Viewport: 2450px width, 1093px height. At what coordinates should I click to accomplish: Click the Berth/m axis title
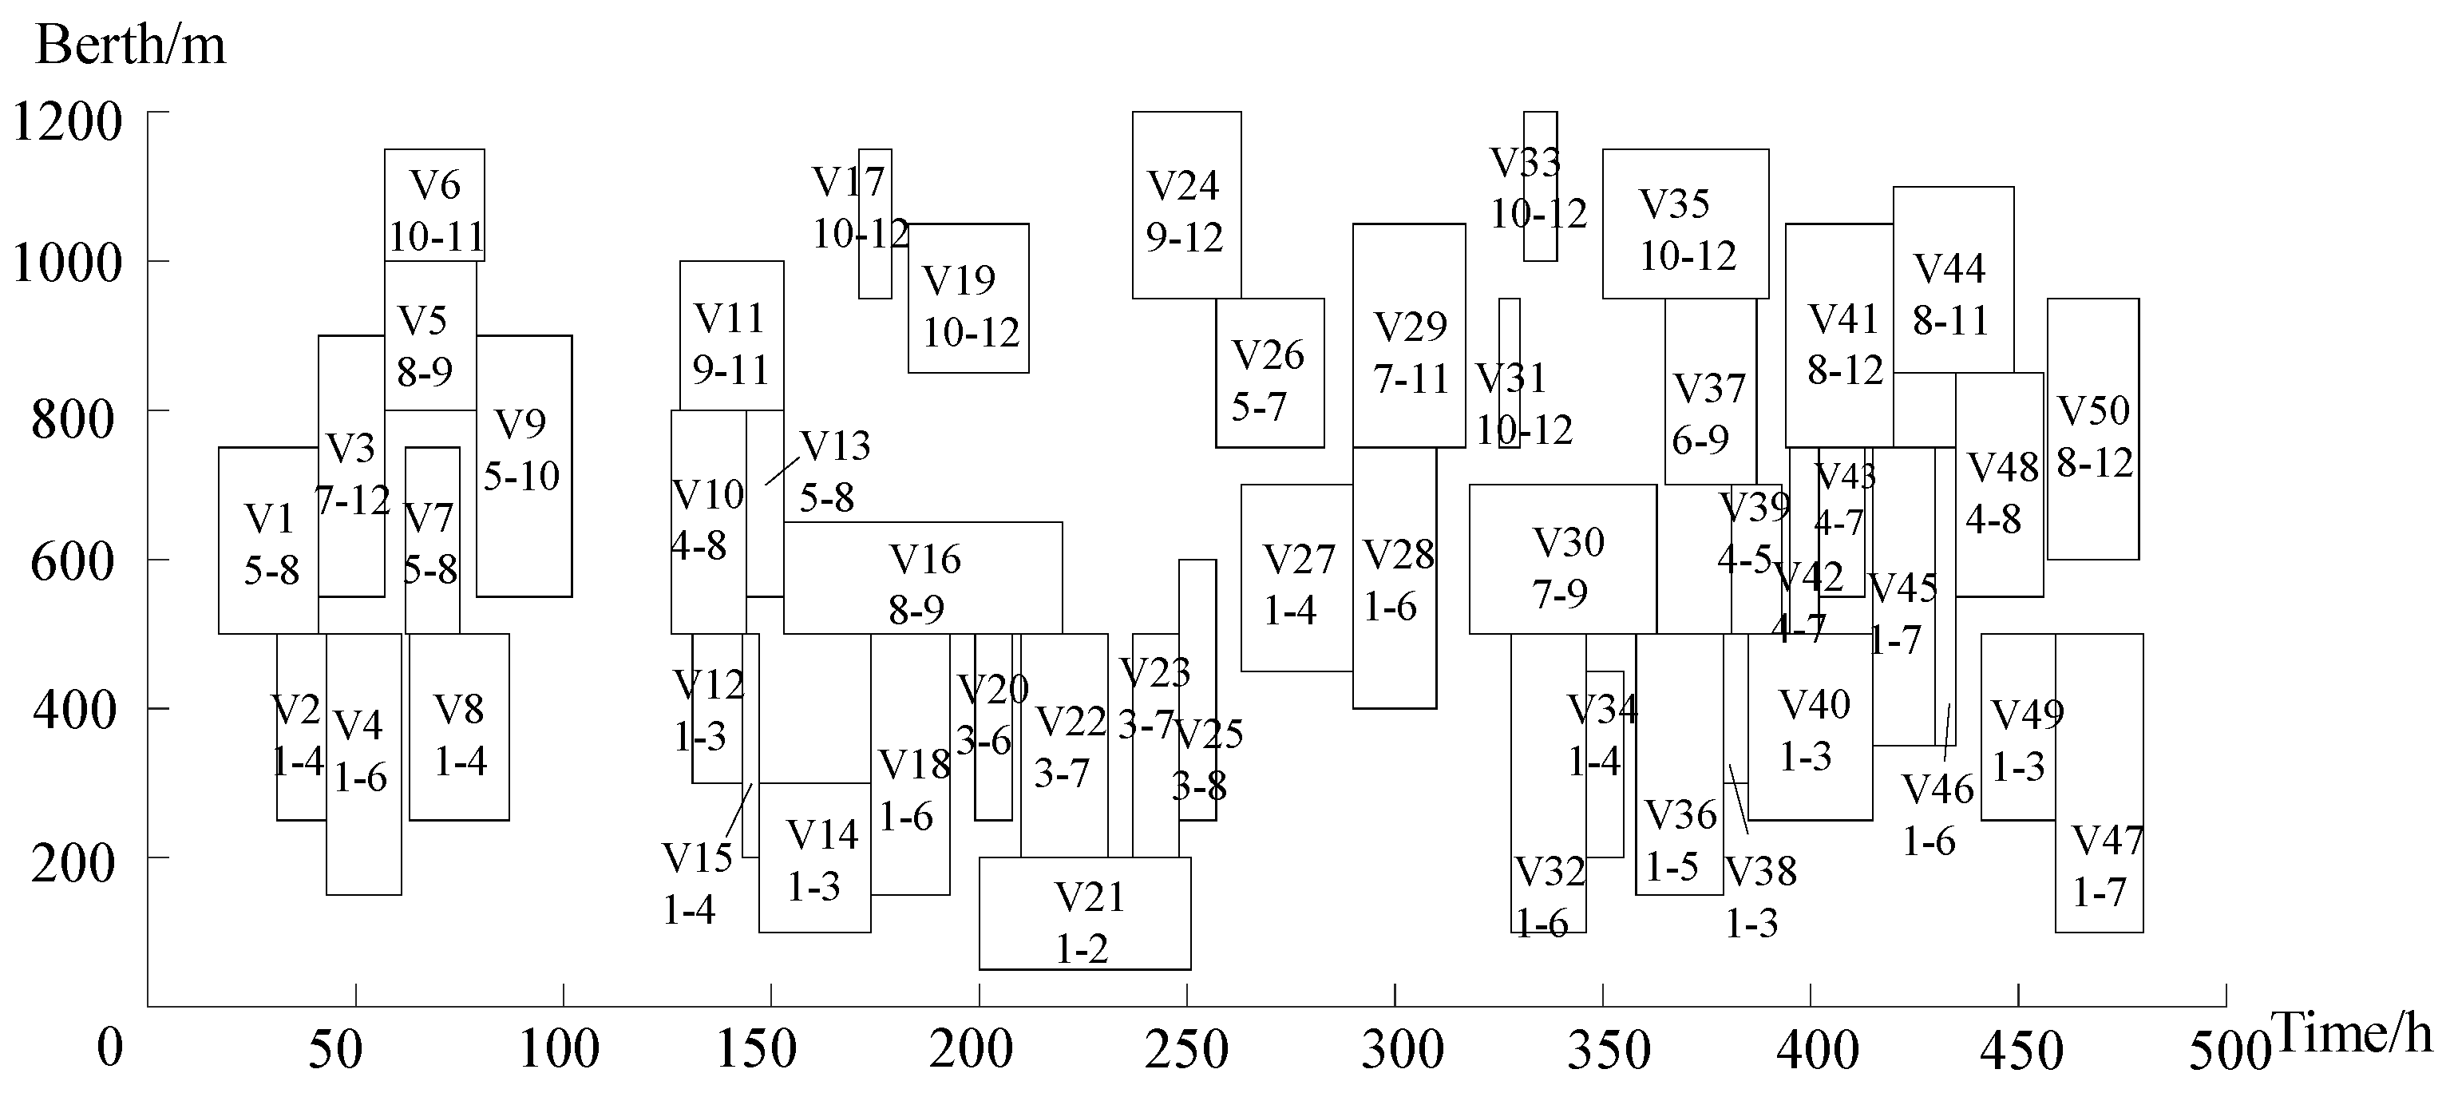coord(130,45)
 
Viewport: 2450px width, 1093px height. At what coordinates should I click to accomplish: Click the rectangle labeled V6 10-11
coord(433,204)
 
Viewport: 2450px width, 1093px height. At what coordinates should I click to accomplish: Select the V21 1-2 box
coord(1084,913)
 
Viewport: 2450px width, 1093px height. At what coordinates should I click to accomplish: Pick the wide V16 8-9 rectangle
coord(923,577)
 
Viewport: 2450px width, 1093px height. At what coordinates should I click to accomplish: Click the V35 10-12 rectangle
coord(1684,224)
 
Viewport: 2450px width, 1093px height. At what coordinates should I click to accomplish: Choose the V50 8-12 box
coord(2092,428)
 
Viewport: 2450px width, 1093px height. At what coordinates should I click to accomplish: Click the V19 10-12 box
coord(968,298)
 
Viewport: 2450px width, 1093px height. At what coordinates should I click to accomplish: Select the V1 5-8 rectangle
coord(268,541)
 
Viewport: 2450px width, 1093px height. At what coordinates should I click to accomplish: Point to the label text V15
coord(697,858)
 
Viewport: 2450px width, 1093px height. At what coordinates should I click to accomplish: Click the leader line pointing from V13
coord(782,471)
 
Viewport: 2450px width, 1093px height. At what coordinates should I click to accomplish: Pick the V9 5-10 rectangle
coord(523,466)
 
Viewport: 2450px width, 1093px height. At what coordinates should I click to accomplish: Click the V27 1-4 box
coord(1296,577)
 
